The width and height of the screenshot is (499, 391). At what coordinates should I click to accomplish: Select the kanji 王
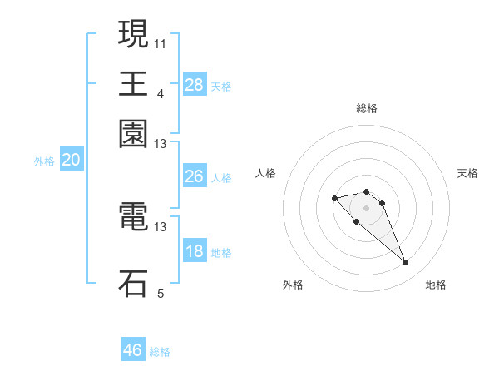(133, 83)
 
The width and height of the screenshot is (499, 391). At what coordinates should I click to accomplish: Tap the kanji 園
(133, 133)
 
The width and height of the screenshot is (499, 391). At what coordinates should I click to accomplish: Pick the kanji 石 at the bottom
(133, 283)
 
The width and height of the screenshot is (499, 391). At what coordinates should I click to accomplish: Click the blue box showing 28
(195, 84)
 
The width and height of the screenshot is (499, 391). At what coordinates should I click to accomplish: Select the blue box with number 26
(194, 176)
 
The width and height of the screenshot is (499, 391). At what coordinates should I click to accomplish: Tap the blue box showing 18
(194, 251)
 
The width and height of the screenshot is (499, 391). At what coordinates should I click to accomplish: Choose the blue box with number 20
(71, 161)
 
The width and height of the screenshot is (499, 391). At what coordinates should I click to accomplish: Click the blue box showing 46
(133, 350)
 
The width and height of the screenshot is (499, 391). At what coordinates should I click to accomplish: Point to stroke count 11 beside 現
(161, 42)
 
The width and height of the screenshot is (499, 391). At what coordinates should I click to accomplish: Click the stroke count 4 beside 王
(161, 94)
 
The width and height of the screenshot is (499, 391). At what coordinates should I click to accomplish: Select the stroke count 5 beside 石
(161, 293)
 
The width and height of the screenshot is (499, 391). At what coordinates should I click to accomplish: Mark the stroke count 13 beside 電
(161, 226)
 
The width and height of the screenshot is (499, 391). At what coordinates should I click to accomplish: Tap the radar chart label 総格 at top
(366, 108)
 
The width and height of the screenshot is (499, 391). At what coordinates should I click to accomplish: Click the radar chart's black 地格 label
(436, 285)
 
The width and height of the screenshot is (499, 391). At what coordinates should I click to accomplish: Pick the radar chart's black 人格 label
(266, 173)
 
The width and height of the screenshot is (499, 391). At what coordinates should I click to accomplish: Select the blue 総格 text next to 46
(160, 351)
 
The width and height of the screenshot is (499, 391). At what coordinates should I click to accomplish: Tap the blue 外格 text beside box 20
(44, 161)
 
